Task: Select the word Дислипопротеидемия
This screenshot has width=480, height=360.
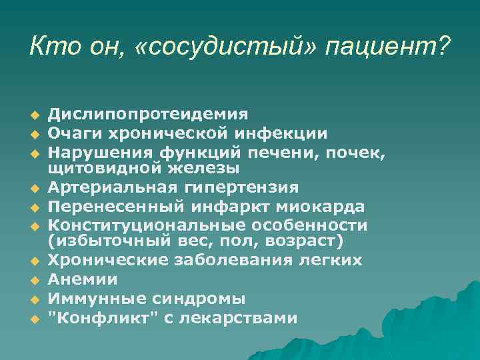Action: pyautogui.click(x=148, y=114)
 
